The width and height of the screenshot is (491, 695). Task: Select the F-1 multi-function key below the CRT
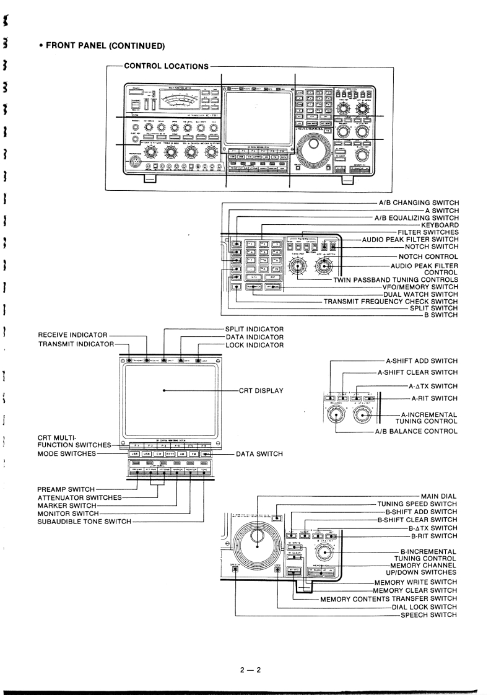pos(135,445)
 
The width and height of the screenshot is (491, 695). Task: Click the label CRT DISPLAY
pos(261,391)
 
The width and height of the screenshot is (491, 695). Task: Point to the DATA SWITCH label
pos(259,454)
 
